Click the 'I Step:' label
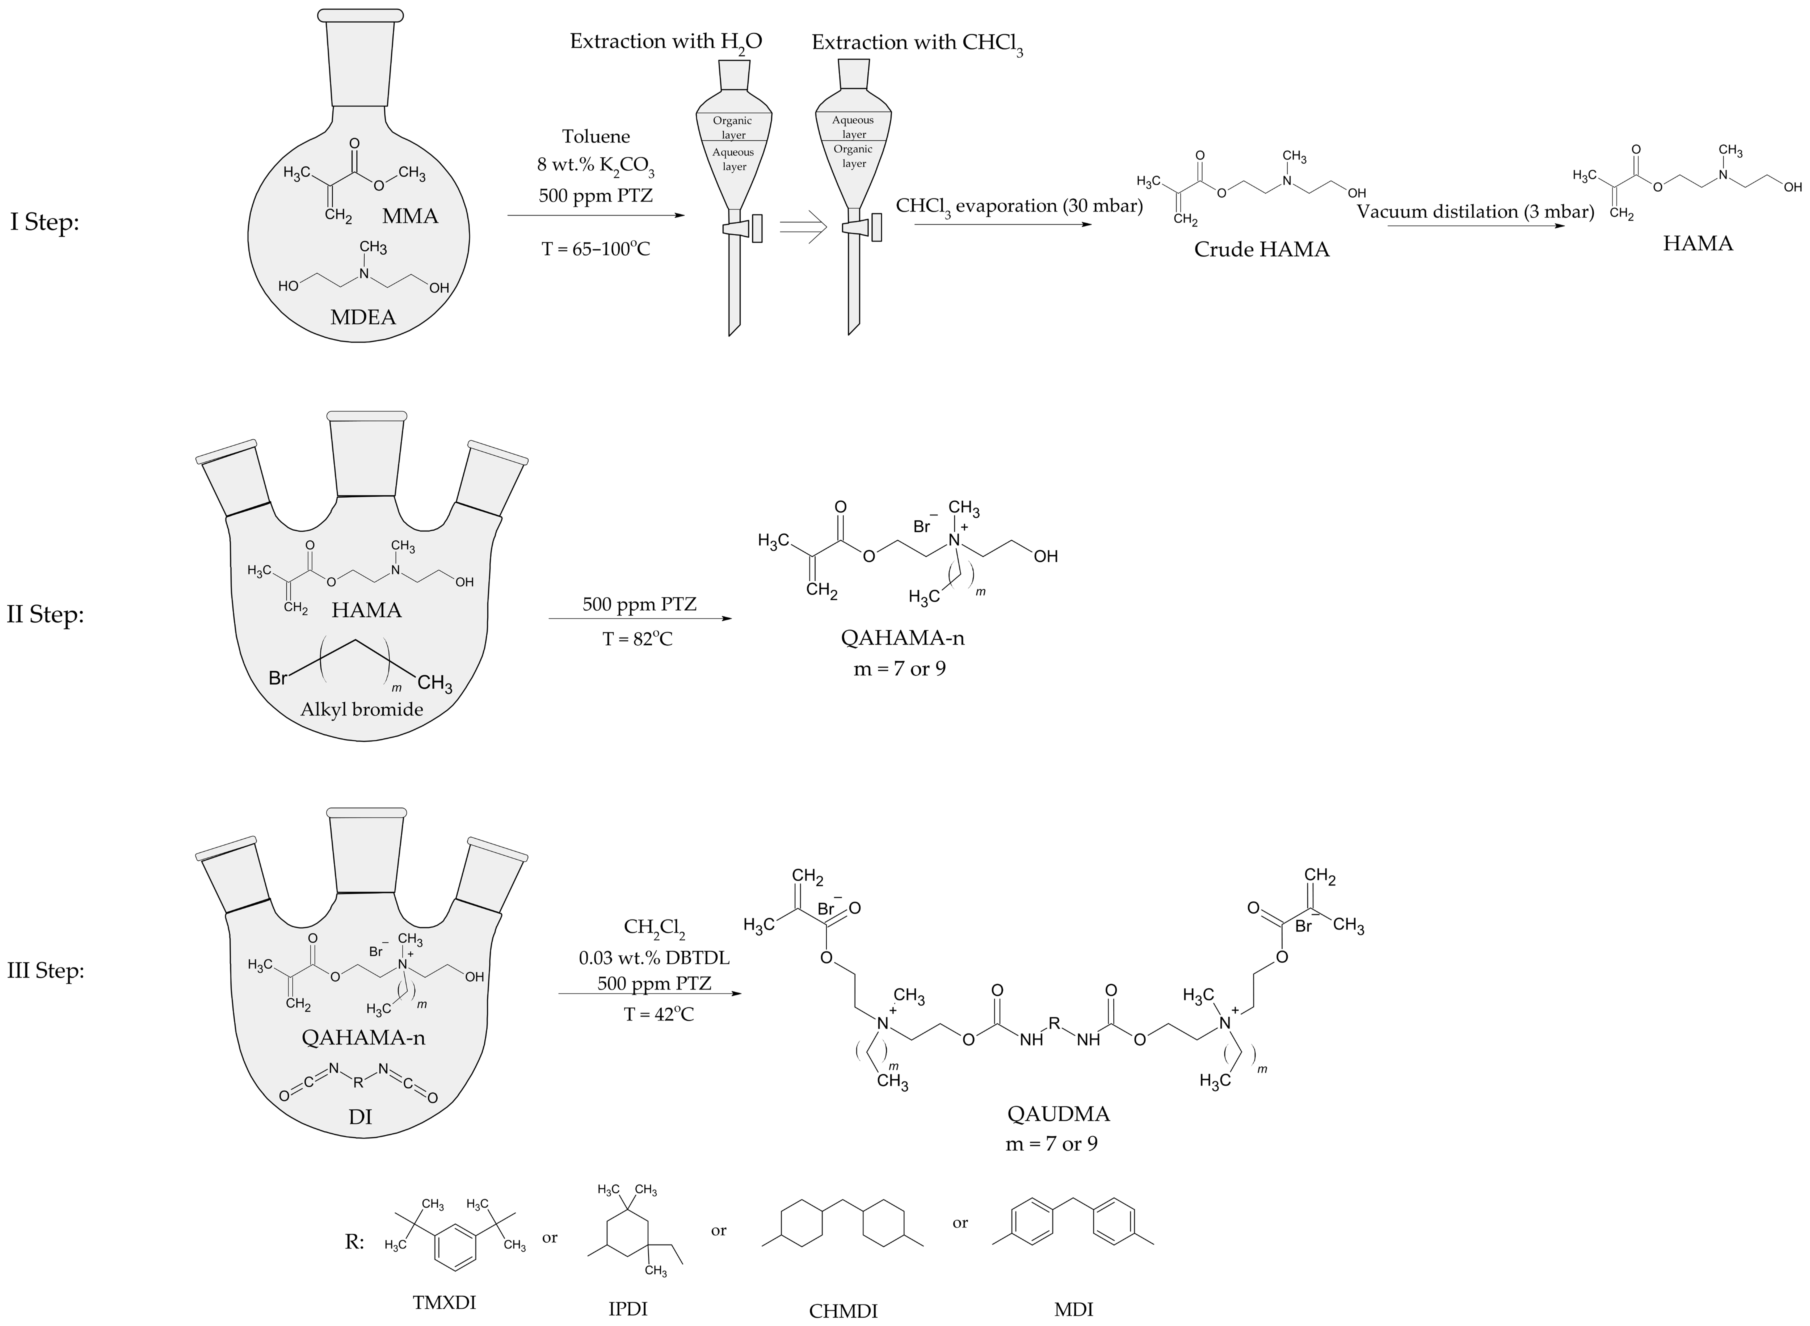click(45, 222)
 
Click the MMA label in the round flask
click(410, 216)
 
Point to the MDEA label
click(363, 317)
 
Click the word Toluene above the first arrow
click(596, 137)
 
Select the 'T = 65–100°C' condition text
click(596, 249)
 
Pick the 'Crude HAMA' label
click(1261, 250)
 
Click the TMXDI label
click(444, 1302)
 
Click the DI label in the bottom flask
click(360, 1116)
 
